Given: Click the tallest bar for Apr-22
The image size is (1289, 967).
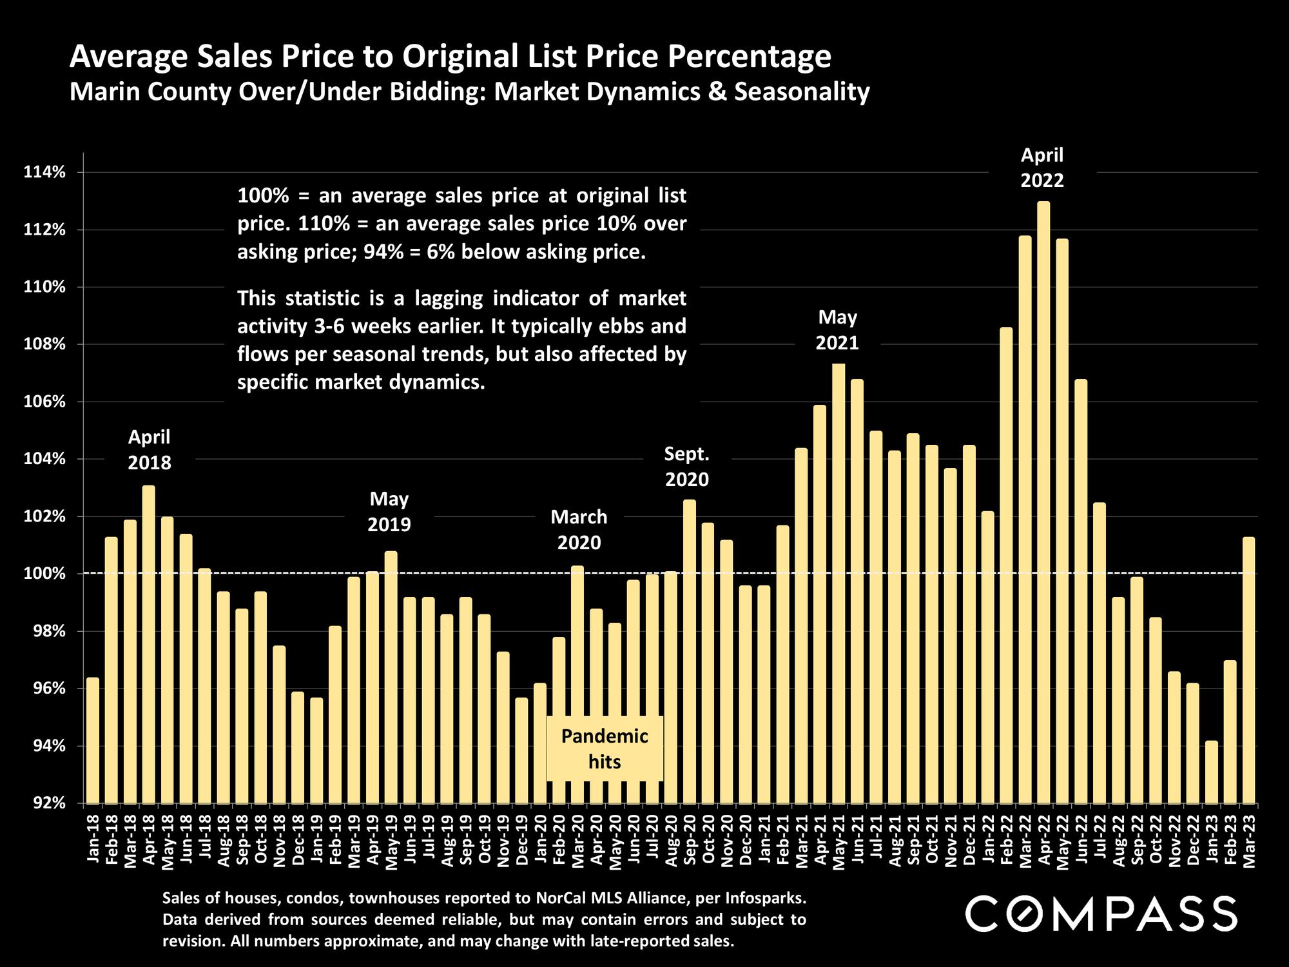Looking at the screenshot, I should pos(1043,503).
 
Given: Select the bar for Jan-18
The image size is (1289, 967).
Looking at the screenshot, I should pos(93,741).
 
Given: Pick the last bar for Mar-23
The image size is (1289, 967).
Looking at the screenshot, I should pos(1249,670).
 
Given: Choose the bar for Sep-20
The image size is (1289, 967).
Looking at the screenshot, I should pos(690,651).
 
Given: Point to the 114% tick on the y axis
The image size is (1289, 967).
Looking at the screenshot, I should pos(44,172).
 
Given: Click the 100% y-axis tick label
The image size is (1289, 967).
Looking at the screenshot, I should pos(44,574).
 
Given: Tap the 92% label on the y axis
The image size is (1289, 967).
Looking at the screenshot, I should pos(44,803).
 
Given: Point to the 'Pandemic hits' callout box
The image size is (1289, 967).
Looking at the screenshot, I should pos(605,748).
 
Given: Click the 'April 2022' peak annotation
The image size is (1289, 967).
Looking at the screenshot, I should pos(1042,168).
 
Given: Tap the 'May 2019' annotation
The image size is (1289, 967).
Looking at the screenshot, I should pos(389,511).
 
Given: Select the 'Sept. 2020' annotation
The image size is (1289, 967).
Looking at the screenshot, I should pos(687,467).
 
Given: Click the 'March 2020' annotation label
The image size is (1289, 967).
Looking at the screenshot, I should pos(579,529).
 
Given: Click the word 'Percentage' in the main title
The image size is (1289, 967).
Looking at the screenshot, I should pos(750,57).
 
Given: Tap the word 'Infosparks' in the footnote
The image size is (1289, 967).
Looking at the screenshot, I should pos(764,898).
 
